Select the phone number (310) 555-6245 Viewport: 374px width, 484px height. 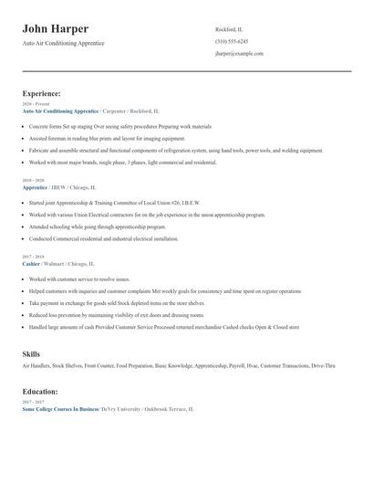232,42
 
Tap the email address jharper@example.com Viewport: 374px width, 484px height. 239,54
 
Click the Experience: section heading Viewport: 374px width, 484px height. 42,93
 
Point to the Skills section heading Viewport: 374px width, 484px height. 31,352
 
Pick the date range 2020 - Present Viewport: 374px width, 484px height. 36,104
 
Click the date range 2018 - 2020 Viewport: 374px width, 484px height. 34,182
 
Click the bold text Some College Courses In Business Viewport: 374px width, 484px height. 61,409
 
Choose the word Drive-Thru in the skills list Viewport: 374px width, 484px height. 320,365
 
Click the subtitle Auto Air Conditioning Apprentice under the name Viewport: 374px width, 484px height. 63,43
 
